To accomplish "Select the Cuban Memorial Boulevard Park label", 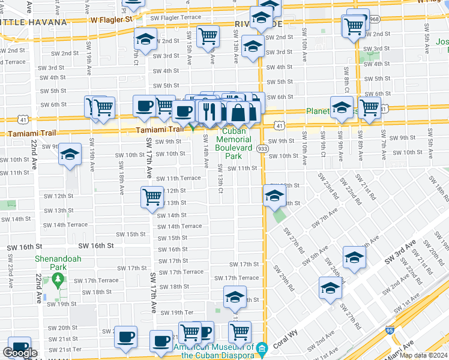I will [x=234, y=143].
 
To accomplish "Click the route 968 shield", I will [x=375, y=19].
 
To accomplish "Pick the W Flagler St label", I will [x=112, y=19].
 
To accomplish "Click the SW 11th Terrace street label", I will [x=178, y=178].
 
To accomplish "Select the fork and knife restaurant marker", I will [x=208, y=110].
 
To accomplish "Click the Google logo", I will [x=20, y=353].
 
